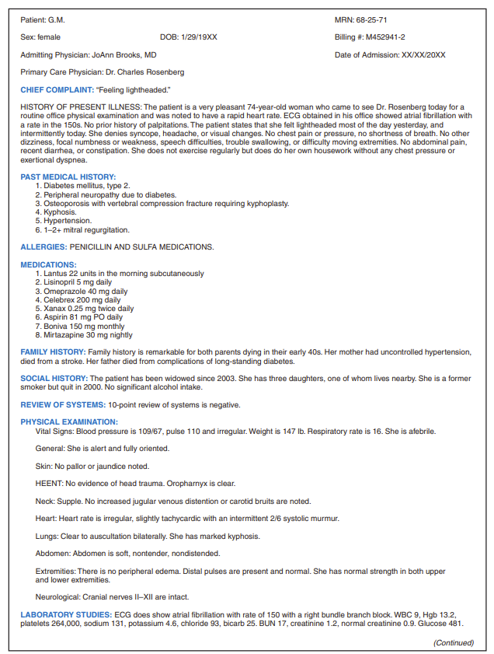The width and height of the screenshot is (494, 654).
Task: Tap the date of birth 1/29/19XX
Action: [199, 37]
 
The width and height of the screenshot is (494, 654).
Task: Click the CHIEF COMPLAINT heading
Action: [56, 90]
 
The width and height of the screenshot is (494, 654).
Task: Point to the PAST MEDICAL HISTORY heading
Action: [68, 177]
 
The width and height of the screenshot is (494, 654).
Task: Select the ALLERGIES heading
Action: [43, 247]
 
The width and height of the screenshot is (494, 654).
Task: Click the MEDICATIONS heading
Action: [48, 264]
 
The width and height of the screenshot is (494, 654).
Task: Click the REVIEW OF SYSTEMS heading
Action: [63, 404]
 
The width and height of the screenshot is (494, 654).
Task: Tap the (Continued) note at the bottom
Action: [454, 642]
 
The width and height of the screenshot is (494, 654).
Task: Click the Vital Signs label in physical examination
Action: [54, 431]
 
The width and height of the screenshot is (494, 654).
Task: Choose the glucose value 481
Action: [456, 624]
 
